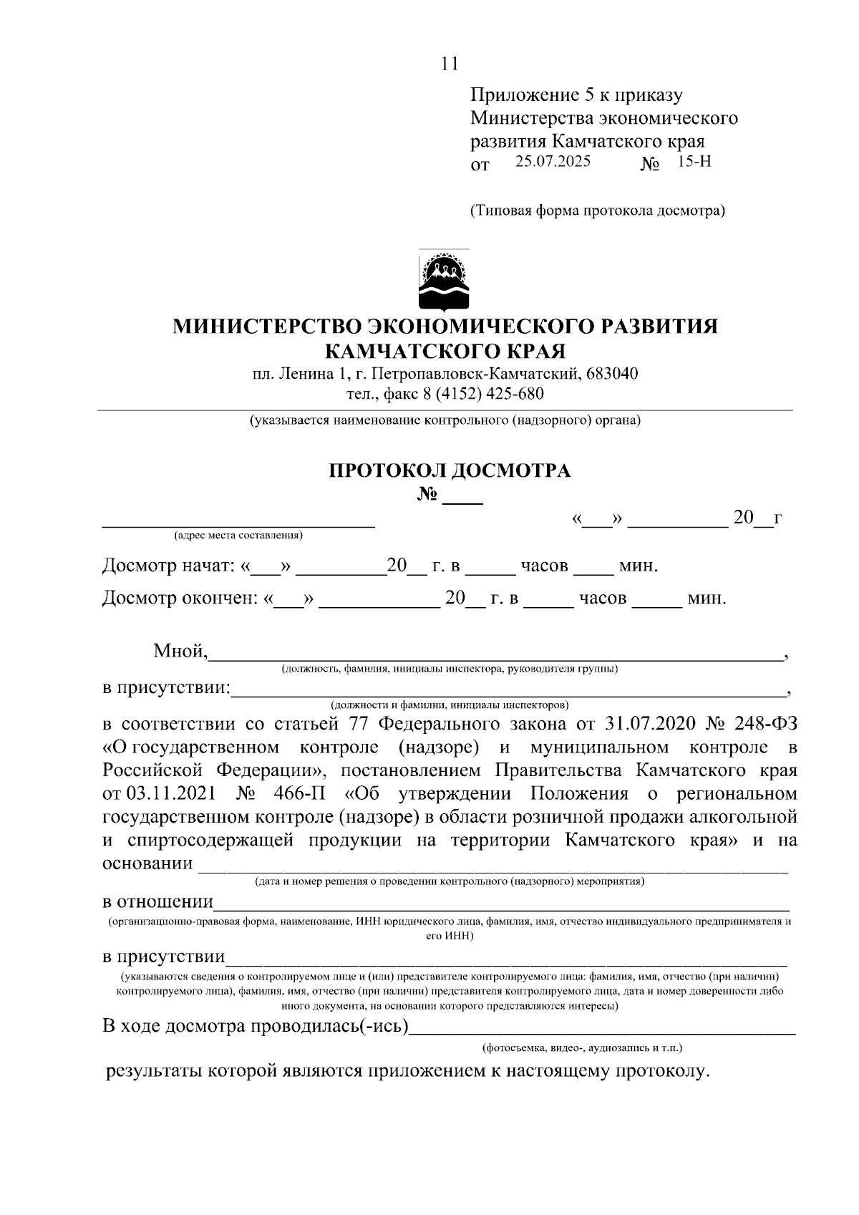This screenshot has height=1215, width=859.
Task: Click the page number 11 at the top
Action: click(x=449, y=64)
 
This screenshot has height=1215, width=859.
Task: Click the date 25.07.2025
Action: click(x=553, y=162)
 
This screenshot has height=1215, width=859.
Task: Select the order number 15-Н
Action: click(x=694, y=162)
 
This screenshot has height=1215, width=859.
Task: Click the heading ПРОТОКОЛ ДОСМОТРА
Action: click(x=450, y=470)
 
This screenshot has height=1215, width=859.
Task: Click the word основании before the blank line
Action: click(x=147, y=863)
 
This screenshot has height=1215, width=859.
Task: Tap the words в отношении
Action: click(x=157, y=901)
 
